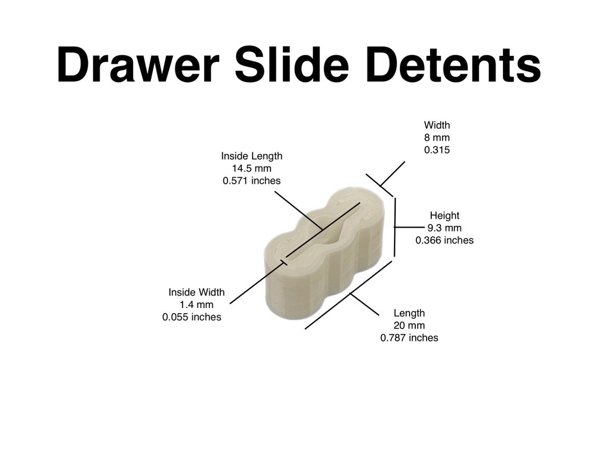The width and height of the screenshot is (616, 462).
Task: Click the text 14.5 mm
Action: (x=252, y=168)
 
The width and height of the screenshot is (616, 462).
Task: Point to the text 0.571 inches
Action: (x=252, y=181)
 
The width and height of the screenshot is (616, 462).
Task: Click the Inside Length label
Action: (x=252, y=156)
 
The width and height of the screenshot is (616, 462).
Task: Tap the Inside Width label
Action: (x=196, y=292)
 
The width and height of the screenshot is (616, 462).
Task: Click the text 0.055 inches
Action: (x=192, y=317)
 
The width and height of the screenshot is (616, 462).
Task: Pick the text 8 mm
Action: (x=437, y=137)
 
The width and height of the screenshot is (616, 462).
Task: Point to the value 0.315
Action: (x=437, y=150)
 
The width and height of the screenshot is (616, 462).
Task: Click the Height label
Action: (x=444, y=216)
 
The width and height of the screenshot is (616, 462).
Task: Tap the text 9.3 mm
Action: (x=444, y=228)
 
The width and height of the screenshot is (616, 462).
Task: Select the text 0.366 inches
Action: (x=444, y=241)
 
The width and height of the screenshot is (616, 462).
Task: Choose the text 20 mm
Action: (x=409, y=325)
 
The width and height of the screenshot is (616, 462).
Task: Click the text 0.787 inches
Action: (x=409, y=338)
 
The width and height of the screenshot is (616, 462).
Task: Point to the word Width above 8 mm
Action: (x=437, y=125)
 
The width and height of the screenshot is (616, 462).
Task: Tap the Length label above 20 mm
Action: (x=409, y=313)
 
